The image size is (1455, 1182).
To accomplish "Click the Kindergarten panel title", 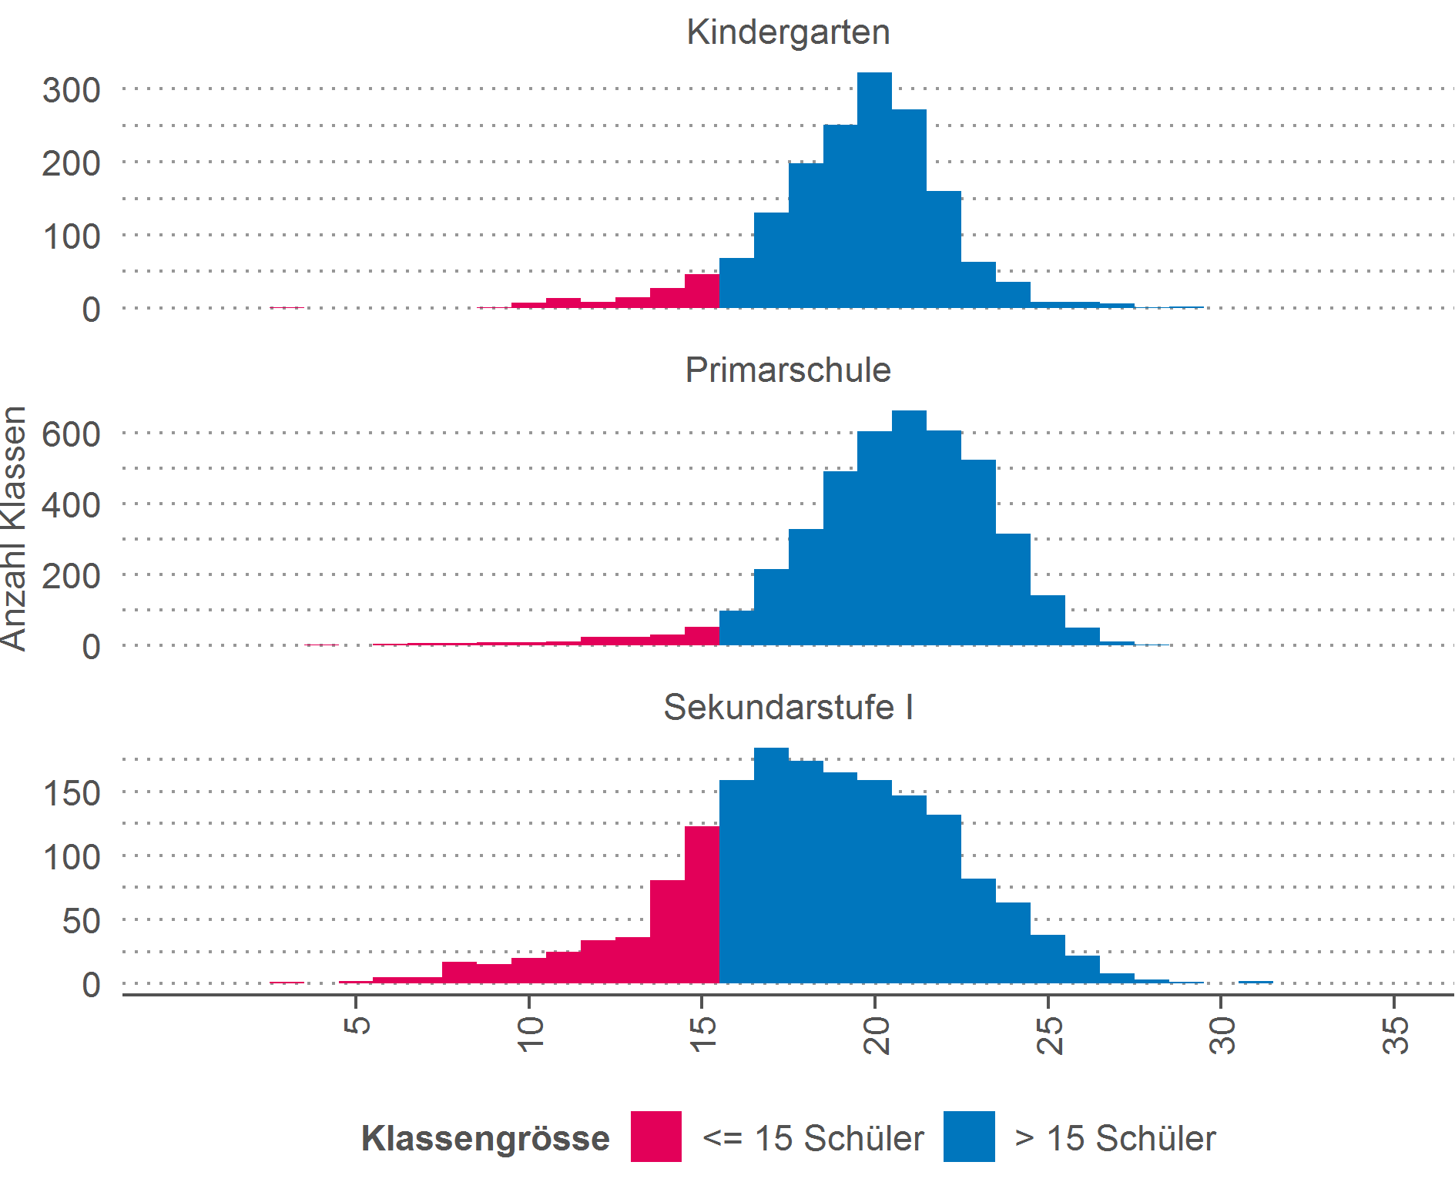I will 788,32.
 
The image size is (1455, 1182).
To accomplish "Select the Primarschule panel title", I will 788,370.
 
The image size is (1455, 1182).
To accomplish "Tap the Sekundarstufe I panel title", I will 788,708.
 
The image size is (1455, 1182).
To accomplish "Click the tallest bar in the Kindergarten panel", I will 874,193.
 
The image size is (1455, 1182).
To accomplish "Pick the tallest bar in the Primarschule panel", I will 909,531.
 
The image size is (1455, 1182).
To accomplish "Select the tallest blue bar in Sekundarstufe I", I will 771,866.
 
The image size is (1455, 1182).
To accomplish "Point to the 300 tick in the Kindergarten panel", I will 71,91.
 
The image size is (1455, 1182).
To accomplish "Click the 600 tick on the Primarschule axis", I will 71,434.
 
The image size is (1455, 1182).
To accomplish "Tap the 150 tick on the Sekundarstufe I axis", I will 71,793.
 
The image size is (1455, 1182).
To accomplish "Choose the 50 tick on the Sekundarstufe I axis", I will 81,921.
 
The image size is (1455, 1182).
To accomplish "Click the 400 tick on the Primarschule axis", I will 71,505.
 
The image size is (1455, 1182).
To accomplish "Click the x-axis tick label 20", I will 877,1035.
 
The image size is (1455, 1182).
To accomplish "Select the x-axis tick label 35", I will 1396,1035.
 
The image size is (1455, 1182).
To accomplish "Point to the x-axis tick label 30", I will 1222,1035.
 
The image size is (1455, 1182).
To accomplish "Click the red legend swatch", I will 655,1137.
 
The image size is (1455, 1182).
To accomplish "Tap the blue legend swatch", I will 969,1137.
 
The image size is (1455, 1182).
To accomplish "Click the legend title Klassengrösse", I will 485,1138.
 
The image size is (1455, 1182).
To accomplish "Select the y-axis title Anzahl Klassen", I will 14,528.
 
